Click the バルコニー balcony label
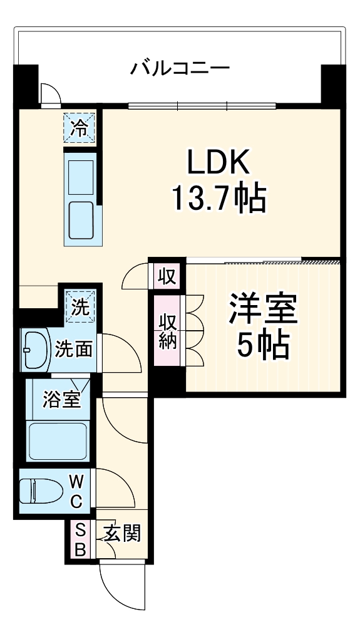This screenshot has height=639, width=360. click(x=180, y=67)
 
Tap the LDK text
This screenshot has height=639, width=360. click(x=219, y=163)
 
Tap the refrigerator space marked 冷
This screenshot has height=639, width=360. click(x=79, y=128)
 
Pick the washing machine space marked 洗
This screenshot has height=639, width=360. click(x=79, y=307)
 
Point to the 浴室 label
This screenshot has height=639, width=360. click(x=61, y=399)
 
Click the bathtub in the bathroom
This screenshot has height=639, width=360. click(x=57, y=440)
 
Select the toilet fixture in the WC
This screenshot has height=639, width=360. click(x=38, y=491)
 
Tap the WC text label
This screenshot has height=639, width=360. click(x=76, y=491)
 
